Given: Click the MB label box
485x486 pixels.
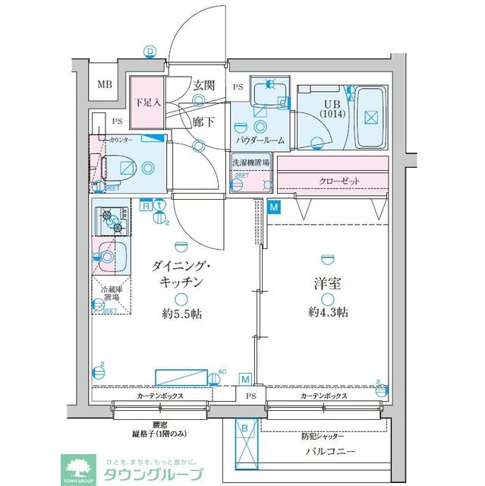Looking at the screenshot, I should point(106,84).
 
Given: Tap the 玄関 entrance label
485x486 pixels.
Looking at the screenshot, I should point(203,85).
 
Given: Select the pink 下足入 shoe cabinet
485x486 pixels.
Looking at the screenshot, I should point(147,103).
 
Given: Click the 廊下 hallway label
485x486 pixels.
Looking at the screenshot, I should point(203,121).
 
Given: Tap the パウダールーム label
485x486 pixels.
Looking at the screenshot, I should point(260,140).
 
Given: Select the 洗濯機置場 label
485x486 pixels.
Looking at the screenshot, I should point(250,163).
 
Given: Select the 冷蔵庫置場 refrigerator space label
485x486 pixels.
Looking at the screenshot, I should point(106,295).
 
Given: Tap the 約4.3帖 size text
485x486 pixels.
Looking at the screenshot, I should point(328,312).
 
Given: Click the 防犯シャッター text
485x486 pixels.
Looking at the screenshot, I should point(321,437).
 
